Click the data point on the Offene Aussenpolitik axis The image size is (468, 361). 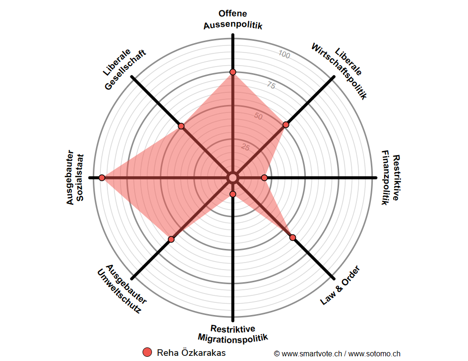pos(233,72)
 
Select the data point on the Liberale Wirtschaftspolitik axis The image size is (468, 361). pos(286,125)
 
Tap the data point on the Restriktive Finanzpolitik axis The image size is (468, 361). pos(264,178)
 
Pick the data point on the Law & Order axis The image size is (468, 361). pos(293,238)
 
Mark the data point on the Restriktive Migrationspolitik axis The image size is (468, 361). pos(233,194)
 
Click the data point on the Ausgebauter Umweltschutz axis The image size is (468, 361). pos(171,239)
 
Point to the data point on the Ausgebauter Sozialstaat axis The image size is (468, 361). pos(102,178)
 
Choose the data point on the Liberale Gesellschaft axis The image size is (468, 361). pos(181,127)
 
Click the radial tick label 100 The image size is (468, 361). pos(284,55)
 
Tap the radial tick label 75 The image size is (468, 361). pos(271,85)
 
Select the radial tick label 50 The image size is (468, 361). pos(258,116)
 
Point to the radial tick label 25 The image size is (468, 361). pos(245,147)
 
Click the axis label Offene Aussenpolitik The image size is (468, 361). pos(233,20)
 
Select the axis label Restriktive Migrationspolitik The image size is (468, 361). pos(233,333)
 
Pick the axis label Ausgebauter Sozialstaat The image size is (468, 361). pos(75,178)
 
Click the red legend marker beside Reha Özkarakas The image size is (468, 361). pos(147,353)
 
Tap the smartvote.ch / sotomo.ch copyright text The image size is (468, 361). pos(337,353)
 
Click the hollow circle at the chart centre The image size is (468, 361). pos(233,178)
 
